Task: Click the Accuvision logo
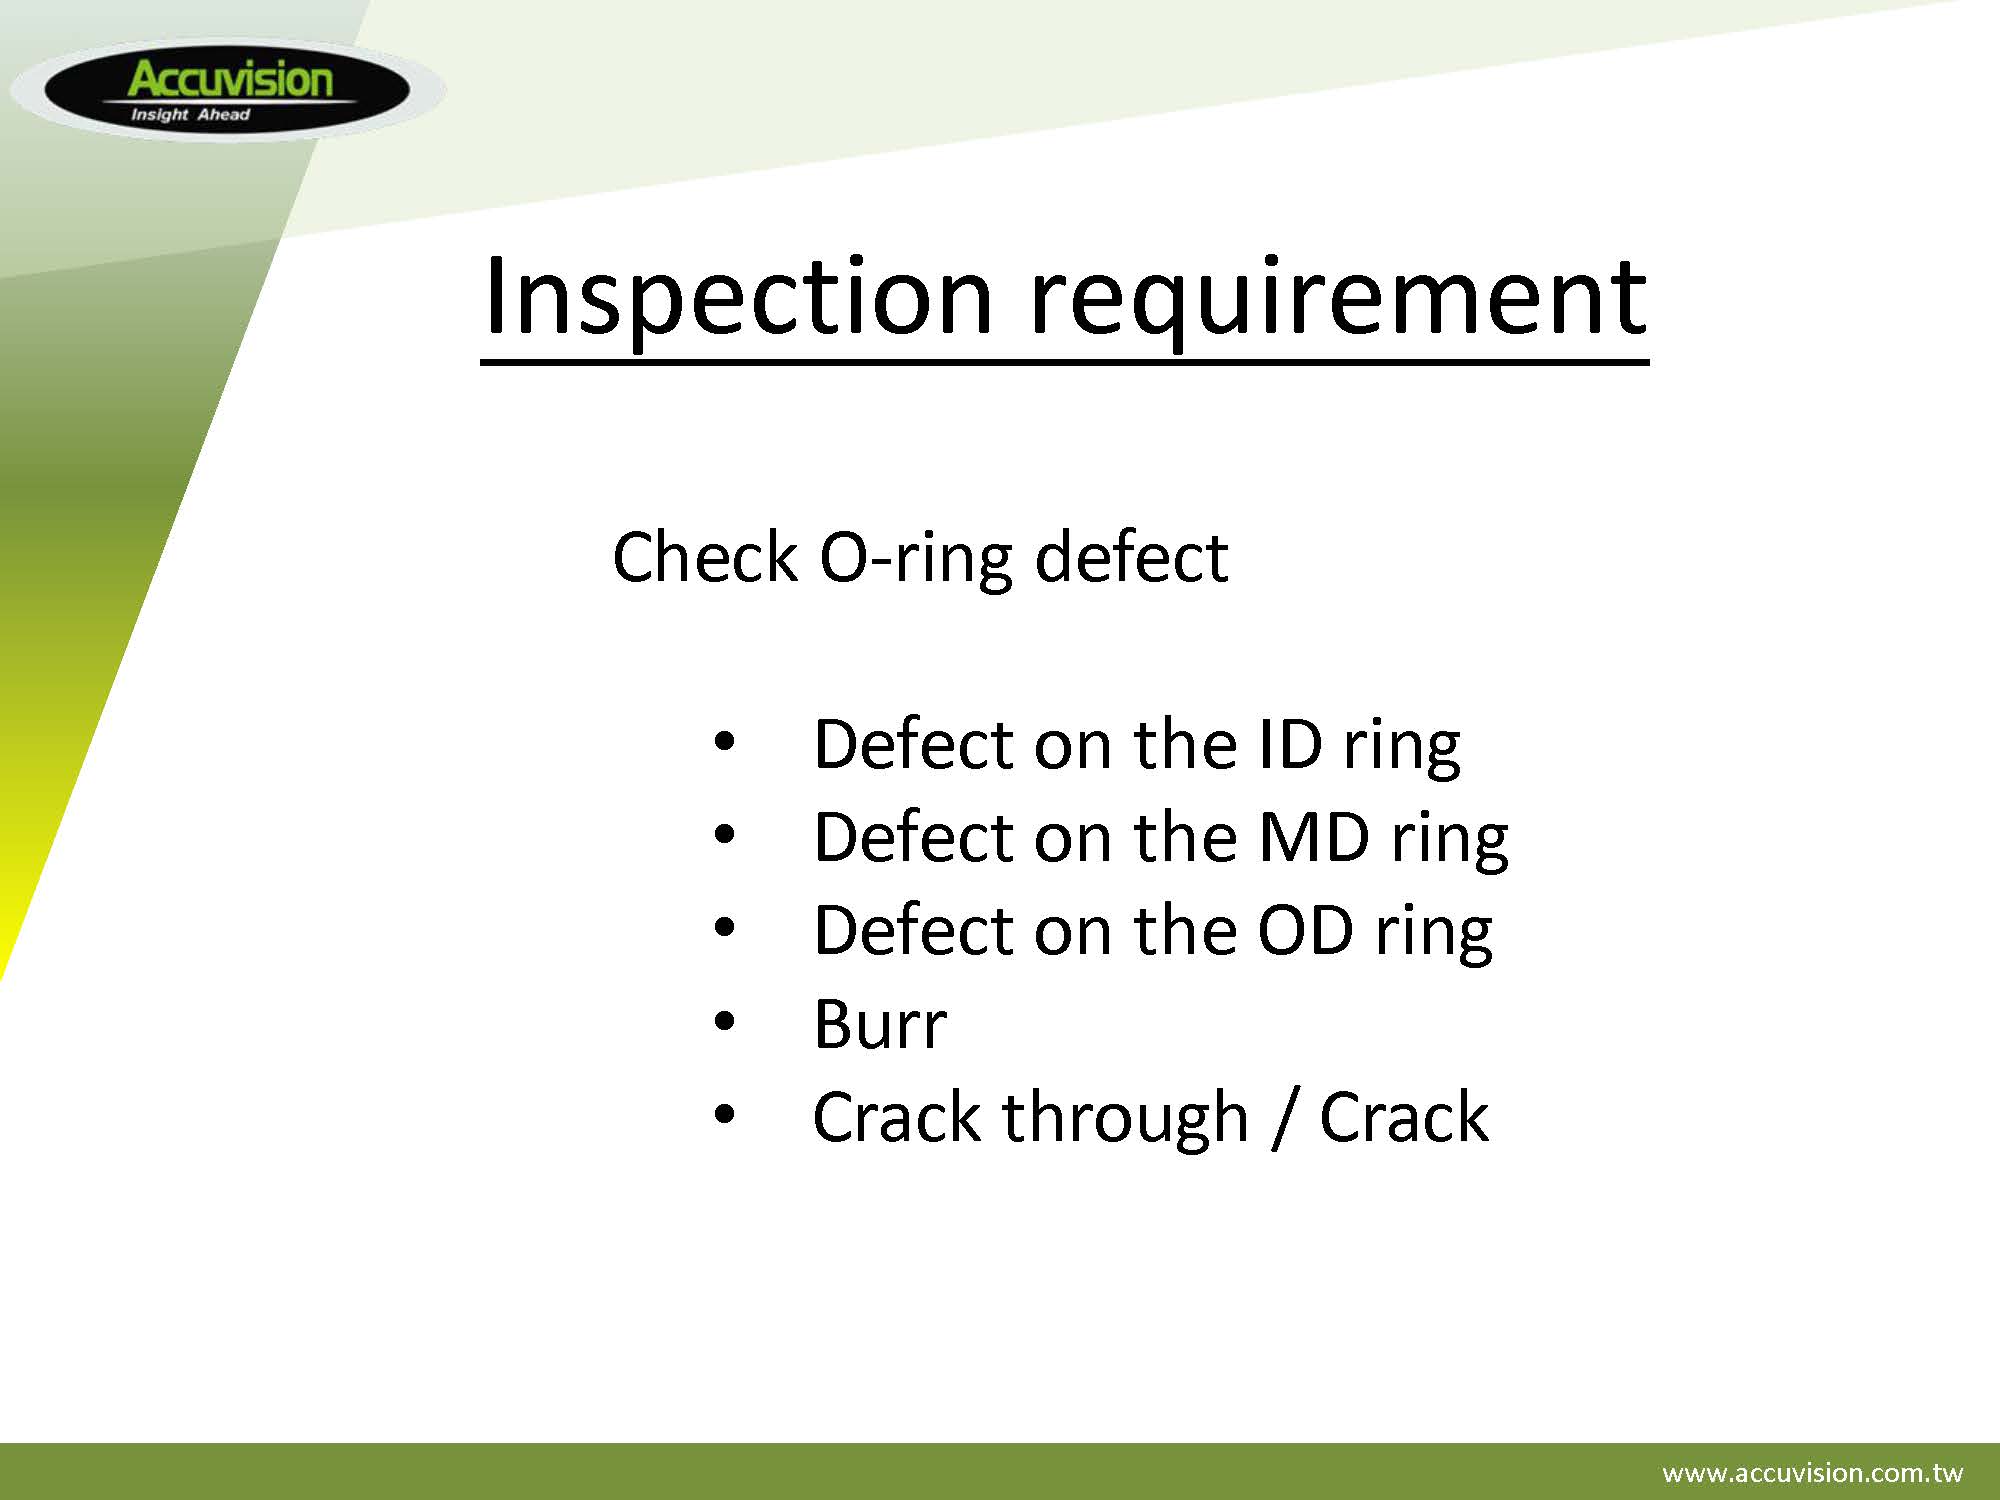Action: click(x=227, y=90)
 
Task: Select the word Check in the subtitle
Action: click(x=705, y=557)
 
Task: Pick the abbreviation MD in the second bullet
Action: click(x=1313, y=838)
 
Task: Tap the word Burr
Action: click(x=879, y=1024)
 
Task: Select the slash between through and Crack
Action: click(x=1284, y=1118)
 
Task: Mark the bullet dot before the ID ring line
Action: click(x=724, y=742)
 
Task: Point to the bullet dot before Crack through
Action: click(x=724, y=1114)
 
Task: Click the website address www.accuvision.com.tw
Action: click(x=1812, y=1473)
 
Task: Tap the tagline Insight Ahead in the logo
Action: click(x=190, y=115)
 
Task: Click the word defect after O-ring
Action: click(x=1131, y=557)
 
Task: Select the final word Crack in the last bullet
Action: click(x=1404, y=1117)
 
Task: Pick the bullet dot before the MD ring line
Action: click(x=724, y=835)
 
